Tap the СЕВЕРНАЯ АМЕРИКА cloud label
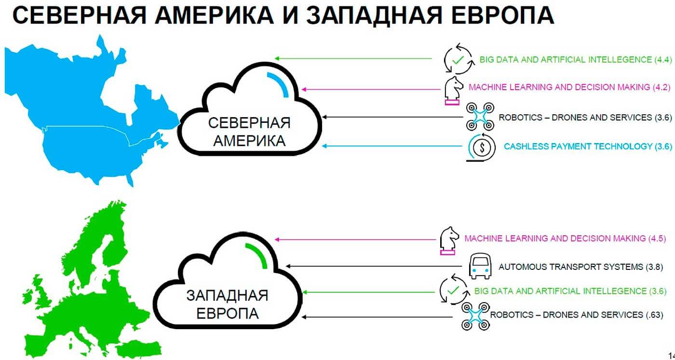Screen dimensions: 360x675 tap(249, 132)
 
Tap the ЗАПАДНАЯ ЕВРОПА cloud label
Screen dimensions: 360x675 tap(227, 304)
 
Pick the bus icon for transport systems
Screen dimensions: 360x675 tap(480, 267)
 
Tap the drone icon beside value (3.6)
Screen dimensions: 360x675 tap(480, 116)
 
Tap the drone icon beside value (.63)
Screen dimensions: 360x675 tap(475, 316)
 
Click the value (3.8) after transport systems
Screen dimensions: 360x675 tap(654, 267)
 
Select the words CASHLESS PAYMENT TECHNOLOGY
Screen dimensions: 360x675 tap(578, 146)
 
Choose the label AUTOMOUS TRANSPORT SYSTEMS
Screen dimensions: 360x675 tap(570, 267)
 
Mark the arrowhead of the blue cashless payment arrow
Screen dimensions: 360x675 tap(325, 146)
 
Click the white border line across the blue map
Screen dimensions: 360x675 tap(87, 126)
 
